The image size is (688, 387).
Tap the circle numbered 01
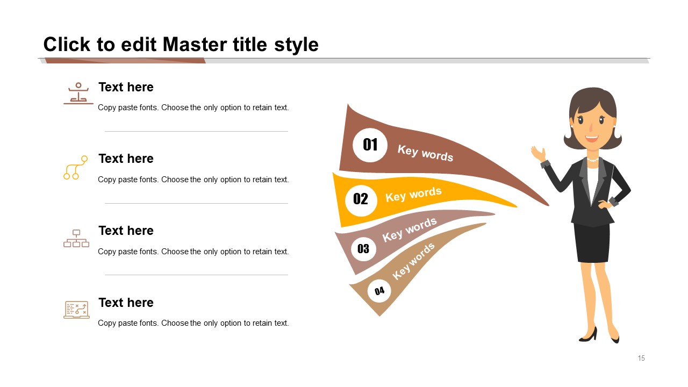(x=370, y=145)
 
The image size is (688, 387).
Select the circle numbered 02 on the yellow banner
(x=361, y=200)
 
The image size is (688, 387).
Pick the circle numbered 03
(x=363, y=248)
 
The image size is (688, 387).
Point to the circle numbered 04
(x=379, y=291)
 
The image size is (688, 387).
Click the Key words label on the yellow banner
(x=413, y=195)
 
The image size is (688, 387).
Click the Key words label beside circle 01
(x=425, y=153)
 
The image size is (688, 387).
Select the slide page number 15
(x=641, y=358)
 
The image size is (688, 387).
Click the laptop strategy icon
(x=76, y=309)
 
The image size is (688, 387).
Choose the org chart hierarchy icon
(x=76, y=238)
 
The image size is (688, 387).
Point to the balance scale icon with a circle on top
(x=78, y=94)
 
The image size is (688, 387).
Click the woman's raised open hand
(x=538, y=153)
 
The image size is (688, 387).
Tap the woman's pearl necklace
(x=592, y=160)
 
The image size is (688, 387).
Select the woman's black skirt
(x=592, y=243)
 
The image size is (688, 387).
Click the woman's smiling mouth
(x=592, y=138)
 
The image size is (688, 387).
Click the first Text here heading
(x=126, y=87)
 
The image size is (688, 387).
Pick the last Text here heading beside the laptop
(x=126, y=303)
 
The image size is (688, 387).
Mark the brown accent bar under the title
(x=125, y=61)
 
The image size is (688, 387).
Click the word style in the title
(x=296, y=45)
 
